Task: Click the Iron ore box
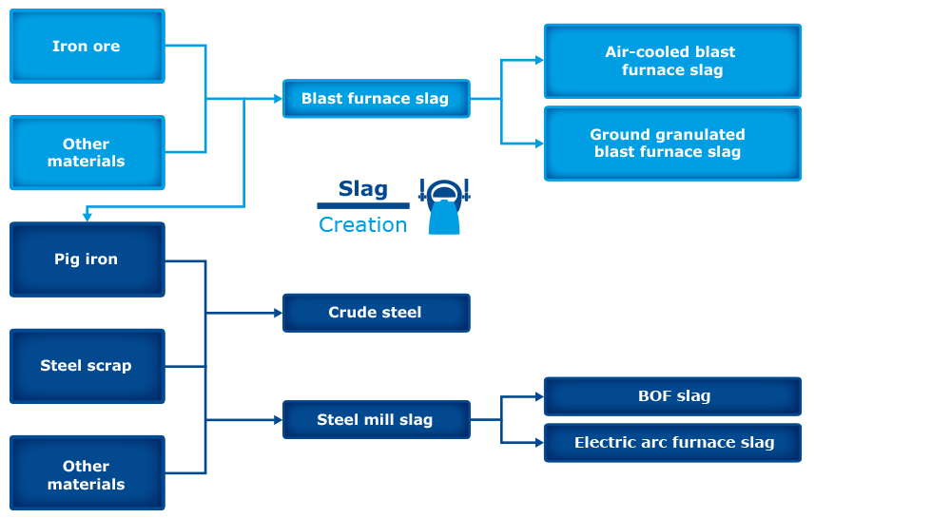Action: click(87, 47)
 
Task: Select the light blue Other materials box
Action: click(87, 153)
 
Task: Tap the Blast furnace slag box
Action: click(376, 99)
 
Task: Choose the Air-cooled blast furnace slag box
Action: click(671, 62)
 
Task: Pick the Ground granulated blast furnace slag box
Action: click(671, 144)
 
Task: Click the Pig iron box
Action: click(87, 259)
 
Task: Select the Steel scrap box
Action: click(87, 366)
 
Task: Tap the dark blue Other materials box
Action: click(87, 475)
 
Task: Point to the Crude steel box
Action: click(376, 313)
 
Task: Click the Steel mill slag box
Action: click(376, 420)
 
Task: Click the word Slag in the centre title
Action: click(363, 189)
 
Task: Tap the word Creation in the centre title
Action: click(363, 225)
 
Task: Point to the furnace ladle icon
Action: click(444, 207)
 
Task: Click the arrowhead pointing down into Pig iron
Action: click(87, 218)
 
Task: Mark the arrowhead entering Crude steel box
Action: click(278, 313)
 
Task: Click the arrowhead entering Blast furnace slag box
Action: click(278, 99)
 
